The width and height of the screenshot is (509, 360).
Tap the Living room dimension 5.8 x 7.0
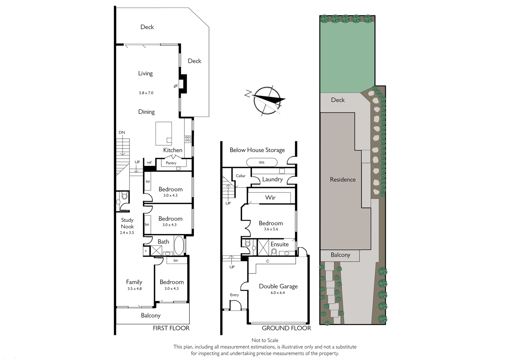146,93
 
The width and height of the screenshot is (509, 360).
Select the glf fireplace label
176,86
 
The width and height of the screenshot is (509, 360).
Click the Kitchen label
173,150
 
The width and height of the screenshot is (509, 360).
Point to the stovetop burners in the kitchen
187,139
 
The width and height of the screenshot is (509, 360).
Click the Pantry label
171,163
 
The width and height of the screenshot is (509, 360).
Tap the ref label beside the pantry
149,163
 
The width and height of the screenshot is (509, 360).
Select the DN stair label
122,132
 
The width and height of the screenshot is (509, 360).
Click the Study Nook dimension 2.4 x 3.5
127,232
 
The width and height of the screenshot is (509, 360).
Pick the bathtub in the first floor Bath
179,245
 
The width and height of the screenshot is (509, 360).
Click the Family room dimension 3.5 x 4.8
135,289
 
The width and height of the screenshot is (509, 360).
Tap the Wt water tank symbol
262,163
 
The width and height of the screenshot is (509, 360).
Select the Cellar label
241,176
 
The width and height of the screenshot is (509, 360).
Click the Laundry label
272,179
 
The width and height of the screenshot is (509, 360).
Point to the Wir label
270,197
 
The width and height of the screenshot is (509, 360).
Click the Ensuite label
280,244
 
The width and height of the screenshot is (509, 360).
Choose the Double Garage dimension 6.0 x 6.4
278,293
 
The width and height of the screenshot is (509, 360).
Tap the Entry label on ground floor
234,295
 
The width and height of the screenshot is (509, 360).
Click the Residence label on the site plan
343,180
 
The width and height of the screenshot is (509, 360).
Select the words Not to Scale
265,340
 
